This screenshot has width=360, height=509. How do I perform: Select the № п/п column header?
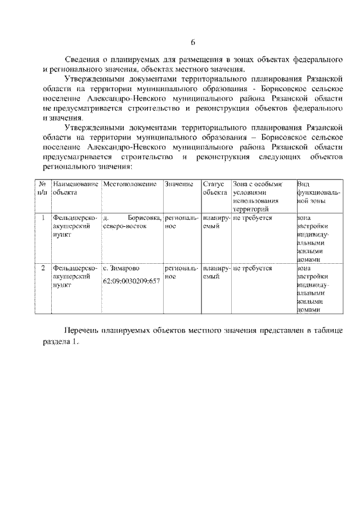click(42, 188)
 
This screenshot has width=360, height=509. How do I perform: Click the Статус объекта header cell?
click(213, 188)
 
